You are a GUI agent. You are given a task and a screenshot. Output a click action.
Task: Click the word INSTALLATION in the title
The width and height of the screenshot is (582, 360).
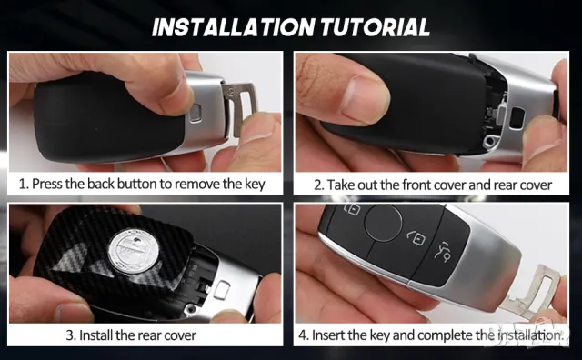coord(233,27)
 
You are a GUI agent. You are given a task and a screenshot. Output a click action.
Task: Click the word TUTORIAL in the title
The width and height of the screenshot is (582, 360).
coord(375,27)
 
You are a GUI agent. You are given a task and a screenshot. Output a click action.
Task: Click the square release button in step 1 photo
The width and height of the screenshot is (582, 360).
coord(196,114)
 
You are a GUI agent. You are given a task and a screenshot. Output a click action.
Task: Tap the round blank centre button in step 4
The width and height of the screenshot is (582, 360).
coord(383,223)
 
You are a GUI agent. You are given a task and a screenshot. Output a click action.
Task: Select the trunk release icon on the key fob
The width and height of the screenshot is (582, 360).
coord(443,252)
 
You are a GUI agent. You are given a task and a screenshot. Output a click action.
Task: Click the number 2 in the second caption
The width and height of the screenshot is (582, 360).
coord(317,185)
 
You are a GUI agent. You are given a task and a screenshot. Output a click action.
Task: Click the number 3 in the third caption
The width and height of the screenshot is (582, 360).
coord(70,335)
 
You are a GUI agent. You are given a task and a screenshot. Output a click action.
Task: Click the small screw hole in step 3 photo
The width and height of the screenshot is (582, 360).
coord(191,309)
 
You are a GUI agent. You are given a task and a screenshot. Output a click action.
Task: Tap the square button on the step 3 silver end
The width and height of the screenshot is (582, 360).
coord(222,289)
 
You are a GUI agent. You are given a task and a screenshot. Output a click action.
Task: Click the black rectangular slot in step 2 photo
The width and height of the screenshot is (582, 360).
coord(517,118)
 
